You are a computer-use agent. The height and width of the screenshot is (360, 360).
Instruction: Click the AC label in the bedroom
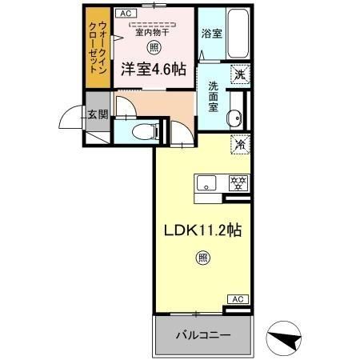[x=126, y=14]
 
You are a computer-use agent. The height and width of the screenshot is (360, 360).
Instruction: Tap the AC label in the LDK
[x=236, y=299]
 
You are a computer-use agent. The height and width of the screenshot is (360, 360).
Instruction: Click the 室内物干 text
[x=151, y=33]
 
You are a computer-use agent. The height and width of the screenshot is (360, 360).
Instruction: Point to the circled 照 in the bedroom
[x=152, y=47]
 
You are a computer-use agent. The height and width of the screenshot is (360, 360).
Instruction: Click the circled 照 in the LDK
[x=202, y=258]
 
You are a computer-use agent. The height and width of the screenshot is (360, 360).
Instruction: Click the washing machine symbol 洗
[x=238, y=75]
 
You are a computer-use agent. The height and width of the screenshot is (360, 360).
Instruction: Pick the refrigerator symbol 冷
[x=238, y=146]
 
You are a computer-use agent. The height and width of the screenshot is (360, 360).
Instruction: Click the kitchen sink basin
[x=206, y=182]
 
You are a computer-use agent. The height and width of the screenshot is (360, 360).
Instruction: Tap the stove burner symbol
[x=237, y=182]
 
